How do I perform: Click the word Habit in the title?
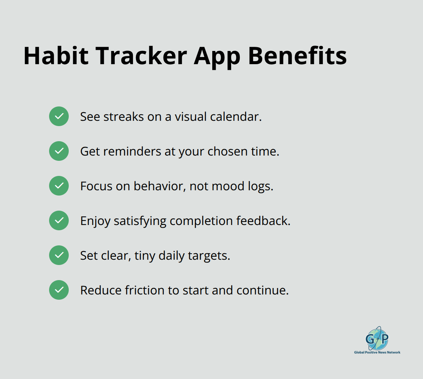click(56, 56)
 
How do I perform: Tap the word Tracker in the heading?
click(141, 56)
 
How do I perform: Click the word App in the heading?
click(217, 56)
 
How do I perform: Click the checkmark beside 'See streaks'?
click(59, 116)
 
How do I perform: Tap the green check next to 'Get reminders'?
click(59, 151)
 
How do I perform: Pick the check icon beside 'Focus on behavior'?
click(59, 186)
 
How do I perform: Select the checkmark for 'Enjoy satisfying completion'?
click(59, 220)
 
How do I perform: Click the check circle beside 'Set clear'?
click(59, 255)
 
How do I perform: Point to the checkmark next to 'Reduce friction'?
click(59, 290)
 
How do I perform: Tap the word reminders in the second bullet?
click(127, 151)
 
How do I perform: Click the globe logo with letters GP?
click(377, 338)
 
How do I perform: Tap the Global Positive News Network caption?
click(377, 352)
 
